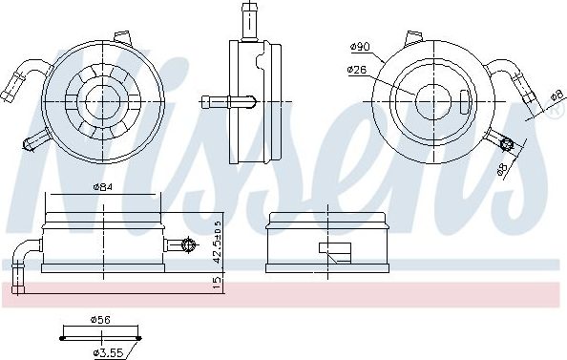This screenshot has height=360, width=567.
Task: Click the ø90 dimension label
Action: point(360,47)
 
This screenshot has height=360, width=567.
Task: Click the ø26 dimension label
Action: point(357,70)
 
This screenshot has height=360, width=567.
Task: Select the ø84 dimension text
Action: point(103,187)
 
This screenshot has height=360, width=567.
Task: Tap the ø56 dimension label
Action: point(100,320)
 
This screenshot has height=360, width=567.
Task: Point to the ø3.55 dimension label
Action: point(109,352)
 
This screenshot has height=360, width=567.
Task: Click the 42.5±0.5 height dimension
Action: point(217,242)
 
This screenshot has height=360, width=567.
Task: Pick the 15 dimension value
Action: point(217,283)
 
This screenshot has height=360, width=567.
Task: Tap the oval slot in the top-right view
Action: point(465,102)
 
